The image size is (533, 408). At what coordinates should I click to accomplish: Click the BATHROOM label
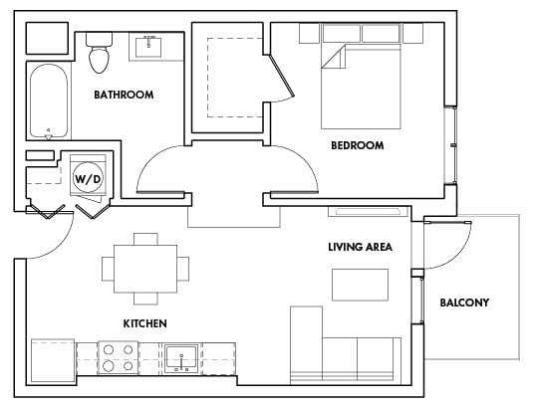pyautogui.click(x=124, y=96)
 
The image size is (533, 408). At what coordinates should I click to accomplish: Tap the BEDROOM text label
pyautogui.click(x=358, y=145)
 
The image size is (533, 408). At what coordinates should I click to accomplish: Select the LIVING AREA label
pyautogui.click(x=360, y=246)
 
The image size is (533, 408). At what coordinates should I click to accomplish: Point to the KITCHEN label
pyautogui.click(x=144, y=323)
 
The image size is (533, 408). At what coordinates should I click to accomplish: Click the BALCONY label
pyautogui.click(x=464, y=303)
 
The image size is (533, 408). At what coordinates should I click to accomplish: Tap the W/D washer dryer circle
pyautogui.click(x=88, y=178)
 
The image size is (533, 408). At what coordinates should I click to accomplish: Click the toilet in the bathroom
pyautogui.click(x=99, y=55)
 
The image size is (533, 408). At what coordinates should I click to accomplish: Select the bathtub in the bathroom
pyautogui.click(x=48, y=102)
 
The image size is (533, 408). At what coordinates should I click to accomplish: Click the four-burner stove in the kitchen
pyautogui.click(x=119, y=356)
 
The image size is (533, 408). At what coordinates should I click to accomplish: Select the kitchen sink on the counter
pyautogui.click(x=182, y=356)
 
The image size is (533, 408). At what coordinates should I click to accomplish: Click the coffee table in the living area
pyautogui.click(x=360, y=285)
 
